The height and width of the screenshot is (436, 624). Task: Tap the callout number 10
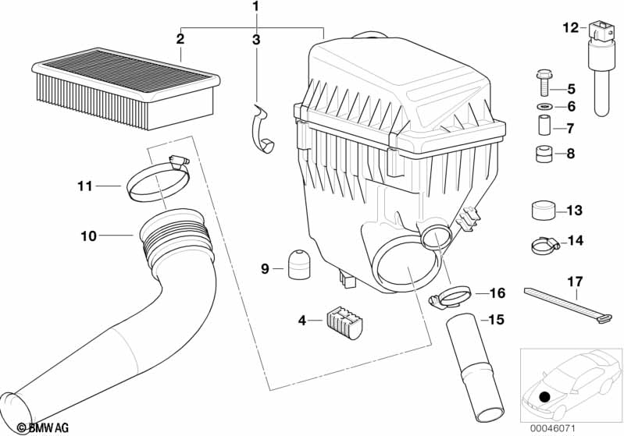coord(88,236)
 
